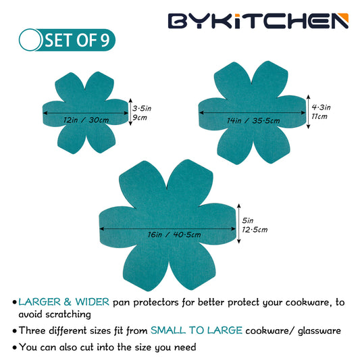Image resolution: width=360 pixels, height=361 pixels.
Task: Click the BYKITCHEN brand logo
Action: pos(258,21)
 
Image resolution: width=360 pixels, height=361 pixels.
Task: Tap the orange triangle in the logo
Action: pos(344,17)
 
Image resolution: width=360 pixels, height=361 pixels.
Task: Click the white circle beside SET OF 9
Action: pos(30,40)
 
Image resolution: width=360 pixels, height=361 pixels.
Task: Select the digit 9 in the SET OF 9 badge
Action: pos(105,41)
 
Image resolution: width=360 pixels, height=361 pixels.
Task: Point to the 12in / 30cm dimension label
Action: pos(86,120)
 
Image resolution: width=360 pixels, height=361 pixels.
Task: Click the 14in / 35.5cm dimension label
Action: pos(253,120)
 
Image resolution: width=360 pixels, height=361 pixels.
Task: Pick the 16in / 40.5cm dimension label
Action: pos(174,235)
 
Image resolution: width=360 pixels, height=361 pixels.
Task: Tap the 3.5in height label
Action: pos(142,108)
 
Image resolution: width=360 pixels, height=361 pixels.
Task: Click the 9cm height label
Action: pos(140,118)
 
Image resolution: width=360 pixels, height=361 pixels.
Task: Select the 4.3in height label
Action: pos(321,107)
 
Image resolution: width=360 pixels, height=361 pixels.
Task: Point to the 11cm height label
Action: pos(319,116)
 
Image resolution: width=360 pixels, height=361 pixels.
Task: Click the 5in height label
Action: pos(247,220)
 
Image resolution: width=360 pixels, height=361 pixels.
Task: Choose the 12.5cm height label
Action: pos(255,230)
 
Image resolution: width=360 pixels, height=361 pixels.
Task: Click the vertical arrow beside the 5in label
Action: pos(239,223)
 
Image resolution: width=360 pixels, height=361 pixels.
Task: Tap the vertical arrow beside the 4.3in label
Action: pos(308,112)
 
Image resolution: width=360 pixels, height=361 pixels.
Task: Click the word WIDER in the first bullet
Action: pos(93,302)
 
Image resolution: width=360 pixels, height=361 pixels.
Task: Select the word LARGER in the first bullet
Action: pos(39,302)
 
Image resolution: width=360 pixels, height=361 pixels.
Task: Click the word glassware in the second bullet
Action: pos(319,331)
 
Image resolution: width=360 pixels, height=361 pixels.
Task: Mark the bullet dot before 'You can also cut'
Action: pos(15,348)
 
